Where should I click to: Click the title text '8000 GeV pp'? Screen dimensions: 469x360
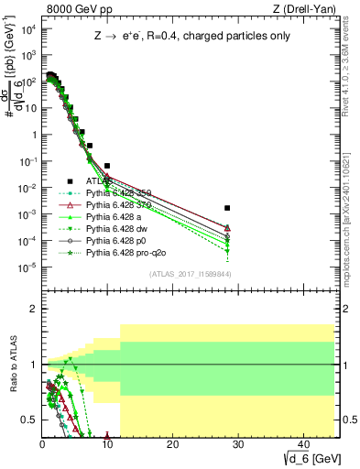point(66,9)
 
